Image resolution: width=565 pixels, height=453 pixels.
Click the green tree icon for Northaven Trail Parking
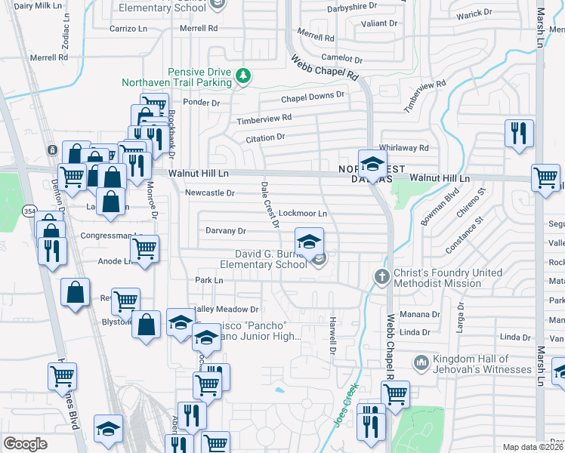242,75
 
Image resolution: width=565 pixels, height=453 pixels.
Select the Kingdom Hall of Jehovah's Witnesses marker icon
421,364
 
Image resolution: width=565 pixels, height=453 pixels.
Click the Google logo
25,444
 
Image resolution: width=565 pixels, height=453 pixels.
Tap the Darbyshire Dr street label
352,6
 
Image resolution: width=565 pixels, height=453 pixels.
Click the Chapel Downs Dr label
313,97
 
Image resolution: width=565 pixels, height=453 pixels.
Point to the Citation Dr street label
264,137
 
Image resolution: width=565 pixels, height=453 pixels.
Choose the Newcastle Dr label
210,193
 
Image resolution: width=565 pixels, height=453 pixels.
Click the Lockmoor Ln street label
303,214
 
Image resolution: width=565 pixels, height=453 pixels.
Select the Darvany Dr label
226,230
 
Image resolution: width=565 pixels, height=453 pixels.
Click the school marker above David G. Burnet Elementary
308,242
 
